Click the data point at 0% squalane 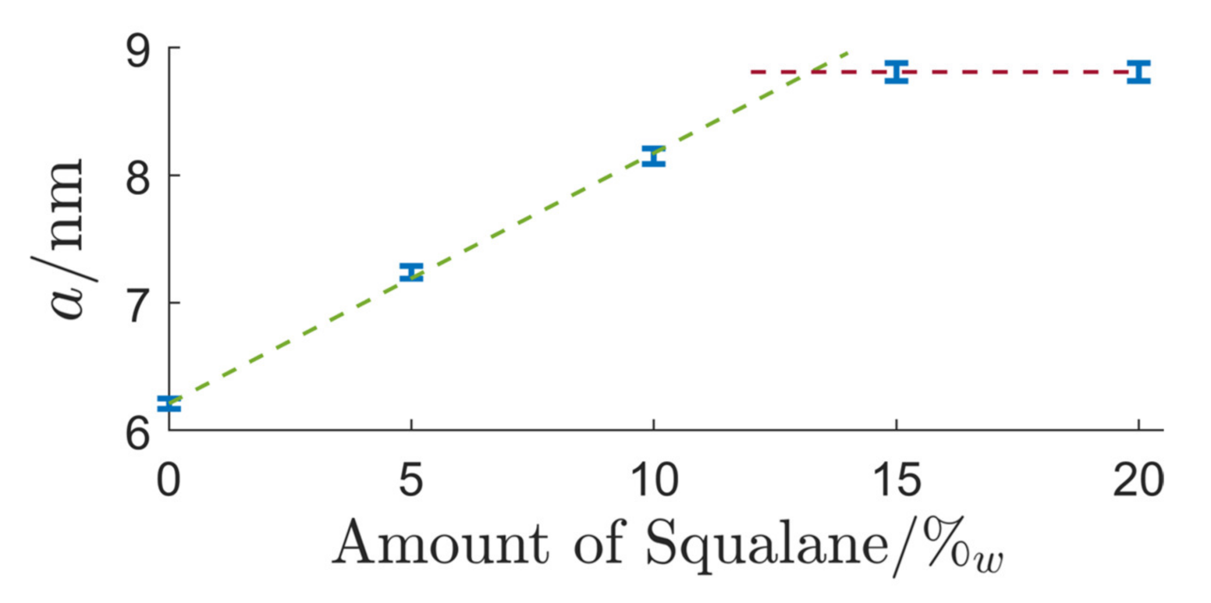(x=169, y=404)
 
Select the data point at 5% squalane (x=411, y=272)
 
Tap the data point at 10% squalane (x=653, y=156)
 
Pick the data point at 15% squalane (x=897, y=71)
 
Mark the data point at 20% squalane (x=1139, y=72)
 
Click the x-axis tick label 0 (x=168, y=480)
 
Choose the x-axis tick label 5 (x=411, y=480)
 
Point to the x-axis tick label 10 (x=653, y=480)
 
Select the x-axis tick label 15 (x=897, y=480)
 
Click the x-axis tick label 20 (x=1138, y=480)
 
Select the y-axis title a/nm (x=65, y=240)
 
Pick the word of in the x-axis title (x=598, y=543)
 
